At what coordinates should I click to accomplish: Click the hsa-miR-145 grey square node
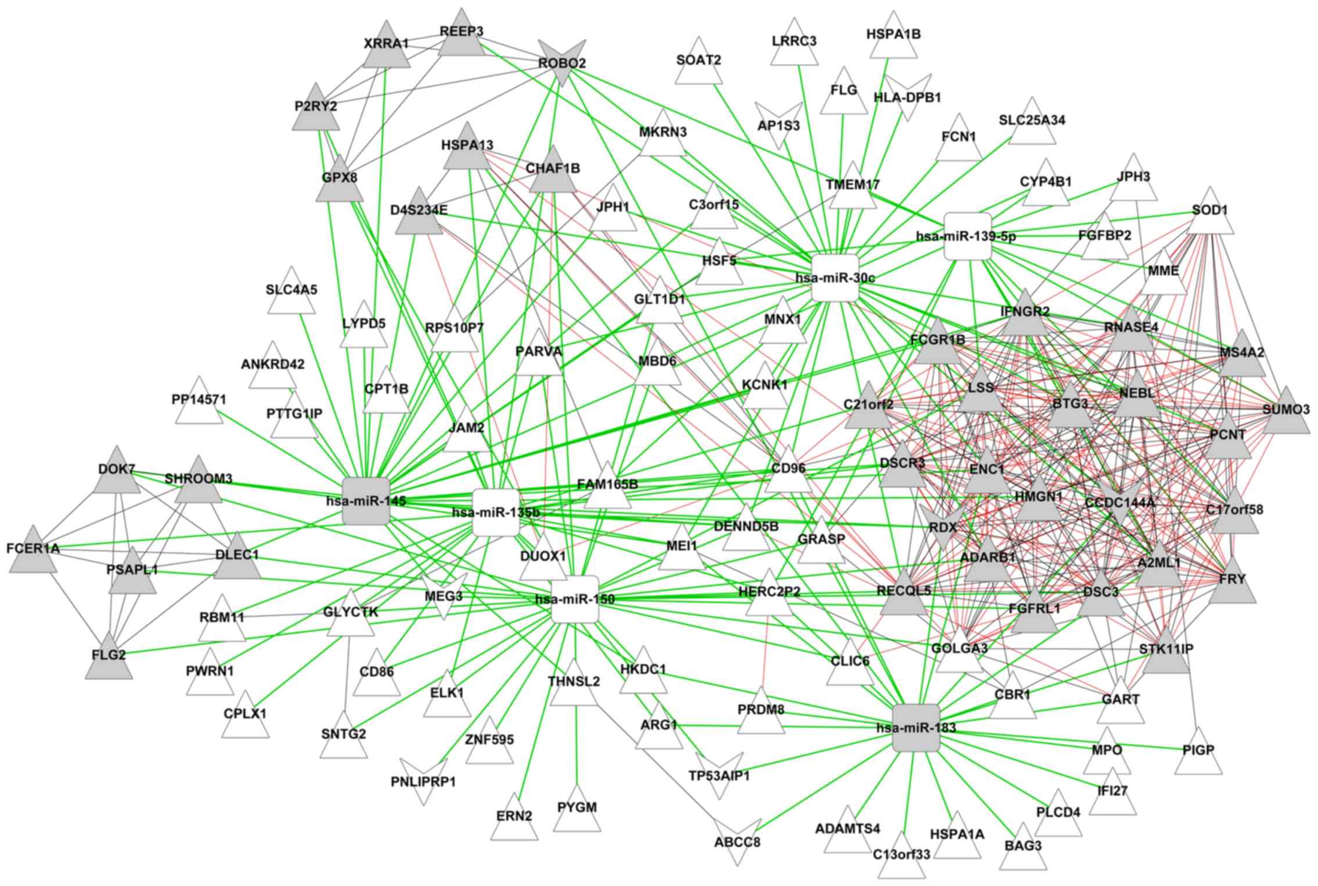click(x=366, y=501)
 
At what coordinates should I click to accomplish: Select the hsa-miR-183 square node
click(x=916, y=727)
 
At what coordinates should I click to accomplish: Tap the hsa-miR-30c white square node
click(x=835, y=277)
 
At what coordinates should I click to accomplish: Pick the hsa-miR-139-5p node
click(x=967, y=236)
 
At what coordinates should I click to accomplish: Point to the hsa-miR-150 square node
click(x=574, y=599)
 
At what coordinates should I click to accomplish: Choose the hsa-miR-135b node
click(x=496, y=512)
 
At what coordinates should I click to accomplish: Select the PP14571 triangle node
click(x=199, y=403)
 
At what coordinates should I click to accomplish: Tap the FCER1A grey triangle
click(x=33, y=552)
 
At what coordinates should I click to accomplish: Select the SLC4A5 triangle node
click(x=292, y=294)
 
